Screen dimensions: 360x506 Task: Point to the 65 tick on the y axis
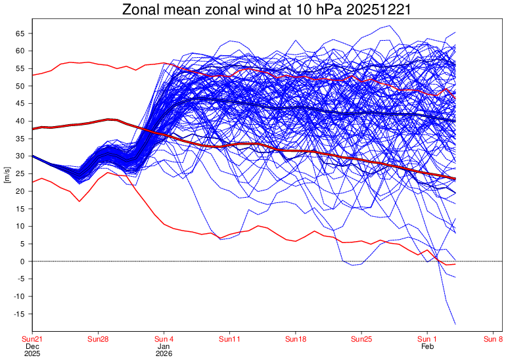(x=20, y=33)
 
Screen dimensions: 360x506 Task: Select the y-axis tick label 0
(x=22, y=261)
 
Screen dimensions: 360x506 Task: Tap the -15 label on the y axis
(x=19, y=314)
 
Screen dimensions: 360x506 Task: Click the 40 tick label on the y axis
(x=20, y=121)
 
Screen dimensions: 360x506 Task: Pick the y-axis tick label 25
(x=20, y=173)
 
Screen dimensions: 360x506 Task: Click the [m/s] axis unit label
(x=7, y=173)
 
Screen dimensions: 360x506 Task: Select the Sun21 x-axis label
(x=32, y=339)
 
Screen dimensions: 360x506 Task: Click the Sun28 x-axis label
(x=98, y=339)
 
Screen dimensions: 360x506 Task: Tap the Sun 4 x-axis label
(x=164, y=339)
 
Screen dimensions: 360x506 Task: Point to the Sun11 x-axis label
(x=230, y=339)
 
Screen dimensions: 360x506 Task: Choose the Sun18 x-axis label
(x=296, y=339)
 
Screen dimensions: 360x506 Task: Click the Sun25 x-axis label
(x=361, y=339)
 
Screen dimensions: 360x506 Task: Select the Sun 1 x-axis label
(x=427, y=339)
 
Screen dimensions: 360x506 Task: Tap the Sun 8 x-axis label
(x=493, y=339)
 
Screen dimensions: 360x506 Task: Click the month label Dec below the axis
(x=32, y=346)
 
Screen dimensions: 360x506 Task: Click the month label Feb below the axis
(x=427, y=346)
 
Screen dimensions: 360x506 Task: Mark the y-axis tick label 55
(x=20, y=68)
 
